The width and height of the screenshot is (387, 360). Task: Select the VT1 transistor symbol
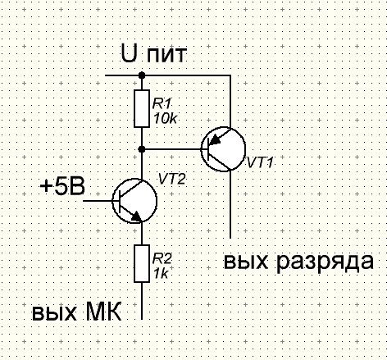click(x=223, y=149)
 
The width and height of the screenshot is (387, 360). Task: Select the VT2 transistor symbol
click(x=134, y=201)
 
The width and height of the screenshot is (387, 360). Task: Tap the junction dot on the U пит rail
click(x=142, y=75)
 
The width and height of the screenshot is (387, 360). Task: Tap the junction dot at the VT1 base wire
click(x=142, y=149)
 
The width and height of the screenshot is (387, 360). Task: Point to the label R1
click(x=162, y=104)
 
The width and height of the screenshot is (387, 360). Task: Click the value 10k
click(x=165, y=119)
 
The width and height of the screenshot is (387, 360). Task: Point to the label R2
click(x=162, y=258)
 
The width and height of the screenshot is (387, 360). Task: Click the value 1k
click(x=161, y=273)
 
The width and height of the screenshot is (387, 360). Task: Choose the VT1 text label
click(x=260, y=162)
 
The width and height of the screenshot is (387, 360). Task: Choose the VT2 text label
click(x=172, y=180)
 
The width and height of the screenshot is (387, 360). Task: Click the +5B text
click(x=62, y=187)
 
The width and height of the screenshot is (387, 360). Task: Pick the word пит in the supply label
click(x=166, y=56)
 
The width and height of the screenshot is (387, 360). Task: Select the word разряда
click(x=324, y=263)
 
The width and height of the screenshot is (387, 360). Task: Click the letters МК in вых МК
click(x=103, y=312)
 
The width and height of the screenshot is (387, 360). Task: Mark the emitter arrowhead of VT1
click(x=216, y=139)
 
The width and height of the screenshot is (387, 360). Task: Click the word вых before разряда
click(x=246, y=262)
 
